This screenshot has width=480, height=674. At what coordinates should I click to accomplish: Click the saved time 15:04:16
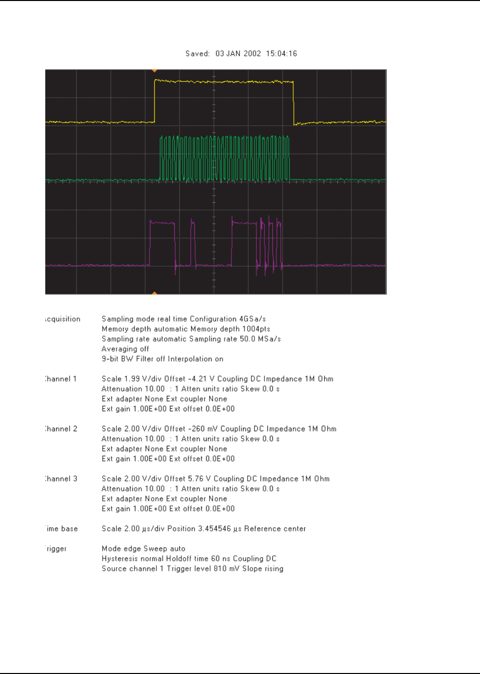click(281, 54)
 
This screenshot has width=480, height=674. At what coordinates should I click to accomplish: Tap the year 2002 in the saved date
click(252, 54)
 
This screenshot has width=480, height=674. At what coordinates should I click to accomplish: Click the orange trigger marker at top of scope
click(154, 71)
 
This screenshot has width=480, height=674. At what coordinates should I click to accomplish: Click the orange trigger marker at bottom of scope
click(154, 293)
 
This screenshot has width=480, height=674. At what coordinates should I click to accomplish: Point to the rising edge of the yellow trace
click(154, 101)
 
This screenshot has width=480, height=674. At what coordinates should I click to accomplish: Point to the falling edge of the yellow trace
click(293, 103)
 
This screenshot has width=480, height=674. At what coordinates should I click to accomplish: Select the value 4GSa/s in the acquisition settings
click(252, 319)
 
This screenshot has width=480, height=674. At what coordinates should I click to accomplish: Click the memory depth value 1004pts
click(256, 329)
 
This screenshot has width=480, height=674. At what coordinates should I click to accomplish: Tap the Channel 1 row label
click(61, 379)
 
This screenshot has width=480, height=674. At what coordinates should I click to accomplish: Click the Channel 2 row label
click(61, 429)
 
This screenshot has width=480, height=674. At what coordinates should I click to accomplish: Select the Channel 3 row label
click(61, 479)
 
